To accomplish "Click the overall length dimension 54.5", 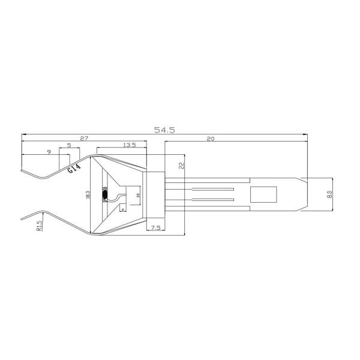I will tap(164, 129).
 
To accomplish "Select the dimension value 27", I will tap(84, 139).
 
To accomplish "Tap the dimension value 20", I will tap(210, 139).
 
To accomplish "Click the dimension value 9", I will tap(49, 152).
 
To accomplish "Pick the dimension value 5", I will tap(69, 145).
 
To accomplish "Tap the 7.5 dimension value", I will tap(155, 228).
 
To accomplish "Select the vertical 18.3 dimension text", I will tap(88, 195).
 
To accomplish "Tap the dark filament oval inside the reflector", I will tap(106, 194).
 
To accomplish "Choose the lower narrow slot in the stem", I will tap(212, 199).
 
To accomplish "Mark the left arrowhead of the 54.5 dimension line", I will tap(23, 133).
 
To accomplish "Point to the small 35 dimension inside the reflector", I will tap(138, 194).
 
